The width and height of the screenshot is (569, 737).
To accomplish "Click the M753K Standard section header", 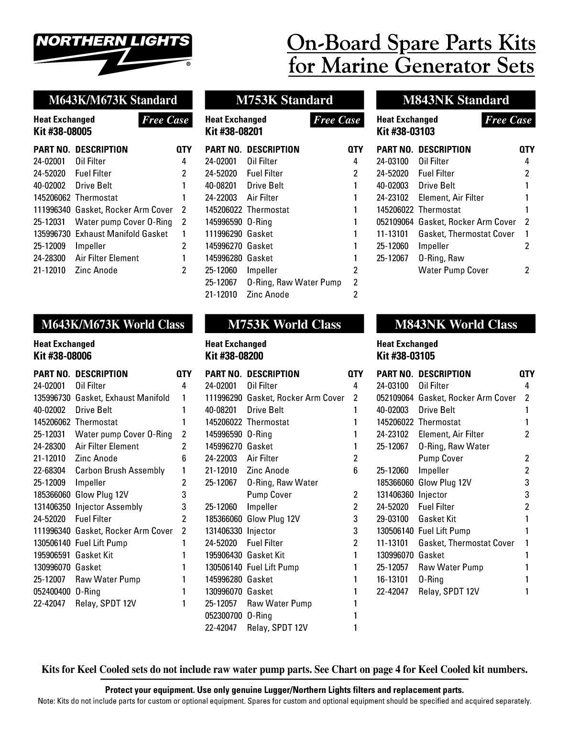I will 284,100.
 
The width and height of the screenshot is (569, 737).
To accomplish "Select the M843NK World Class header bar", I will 456,324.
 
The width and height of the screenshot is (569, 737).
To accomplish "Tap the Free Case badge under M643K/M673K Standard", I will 165,120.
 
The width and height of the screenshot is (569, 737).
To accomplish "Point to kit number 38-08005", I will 63,132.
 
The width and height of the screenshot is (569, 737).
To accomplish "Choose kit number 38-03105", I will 406,356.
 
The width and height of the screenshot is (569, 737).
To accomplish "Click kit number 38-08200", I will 234,356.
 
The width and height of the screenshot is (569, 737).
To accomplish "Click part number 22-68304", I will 50,470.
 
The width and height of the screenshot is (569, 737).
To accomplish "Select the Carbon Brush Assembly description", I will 120,470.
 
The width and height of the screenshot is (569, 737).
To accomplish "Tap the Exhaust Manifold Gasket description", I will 121,234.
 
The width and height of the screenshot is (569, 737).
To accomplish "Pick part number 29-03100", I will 393,519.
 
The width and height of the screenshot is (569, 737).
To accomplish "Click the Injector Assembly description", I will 109,507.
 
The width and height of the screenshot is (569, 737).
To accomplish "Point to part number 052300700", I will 224,615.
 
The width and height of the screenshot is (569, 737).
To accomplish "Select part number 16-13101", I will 393,579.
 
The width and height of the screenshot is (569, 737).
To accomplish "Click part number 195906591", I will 52,555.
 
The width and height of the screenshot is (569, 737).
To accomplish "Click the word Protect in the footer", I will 120,690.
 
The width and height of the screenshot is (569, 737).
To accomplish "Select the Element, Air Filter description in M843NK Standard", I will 451,198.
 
